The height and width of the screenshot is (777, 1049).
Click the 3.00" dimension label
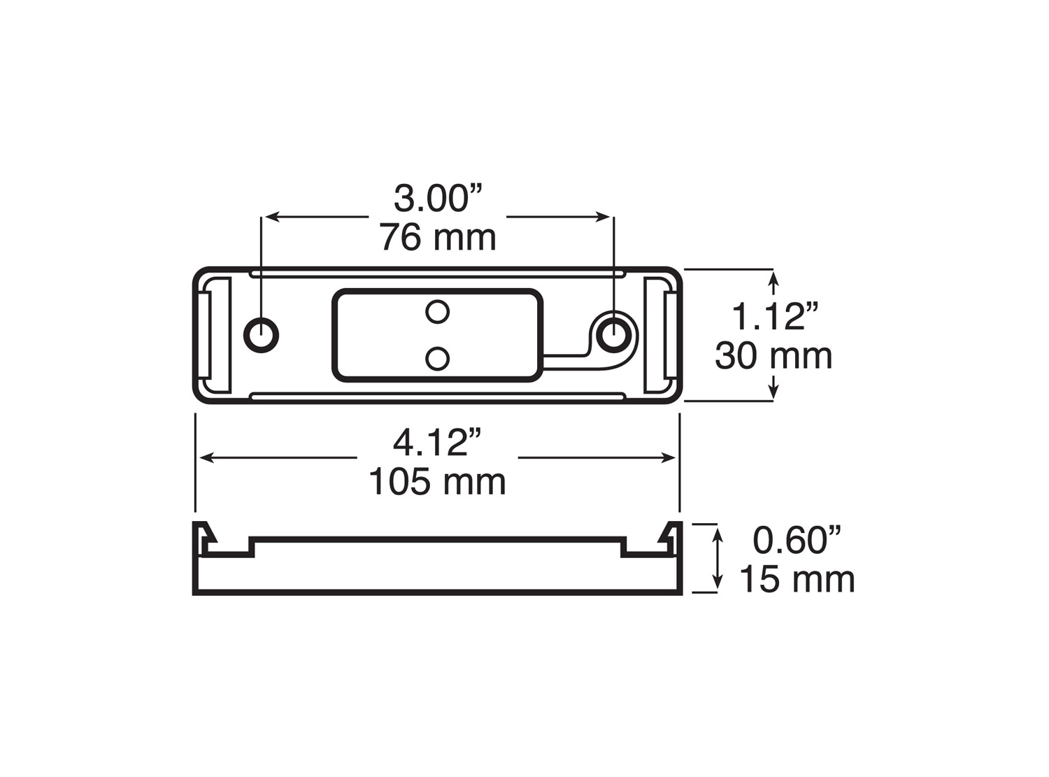tap(438, 199)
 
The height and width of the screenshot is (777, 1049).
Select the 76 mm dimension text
tap(438, 238)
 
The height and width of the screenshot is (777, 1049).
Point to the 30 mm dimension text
tap(773, 356)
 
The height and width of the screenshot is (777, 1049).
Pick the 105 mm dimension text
tap(438, 481)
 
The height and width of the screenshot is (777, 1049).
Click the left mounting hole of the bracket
tap(261, 335)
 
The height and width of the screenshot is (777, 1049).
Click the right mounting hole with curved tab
tap(614, 335)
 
